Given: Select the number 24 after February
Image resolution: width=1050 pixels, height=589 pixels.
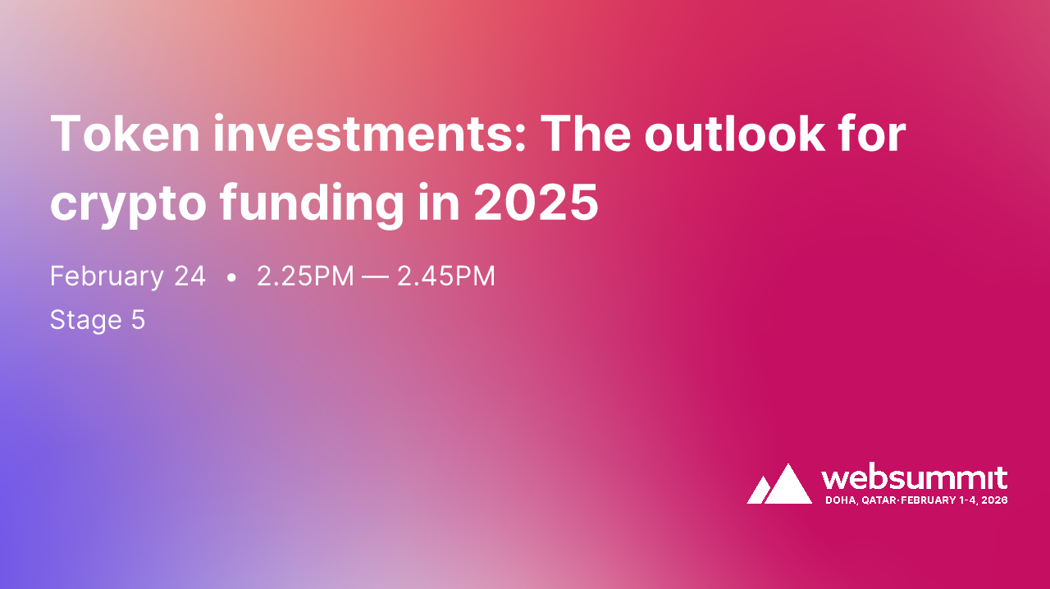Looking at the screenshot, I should pyautogui.click(x=189, y=276).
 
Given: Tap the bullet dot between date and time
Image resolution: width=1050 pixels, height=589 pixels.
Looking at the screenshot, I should pyautogui.click(x=231, y=278).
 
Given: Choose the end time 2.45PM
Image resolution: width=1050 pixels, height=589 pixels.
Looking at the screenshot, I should pyautogui.click(x=446, y=276).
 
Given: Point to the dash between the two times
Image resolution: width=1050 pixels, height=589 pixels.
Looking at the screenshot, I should pyautogui.click(x=376, y=277).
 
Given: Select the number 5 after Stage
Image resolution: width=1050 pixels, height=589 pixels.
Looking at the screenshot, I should pyautogui.click(x=138, y=319).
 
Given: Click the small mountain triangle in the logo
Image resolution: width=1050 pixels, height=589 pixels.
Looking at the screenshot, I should pyautogui.click(x=759, y=491).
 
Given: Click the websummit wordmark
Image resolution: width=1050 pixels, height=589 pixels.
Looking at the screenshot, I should pyautogui.click(x=914, y=478).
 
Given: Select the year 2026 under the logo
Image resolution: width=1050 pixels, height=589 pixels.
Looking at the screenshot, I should pyautogui.click(x=994, y=500).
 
